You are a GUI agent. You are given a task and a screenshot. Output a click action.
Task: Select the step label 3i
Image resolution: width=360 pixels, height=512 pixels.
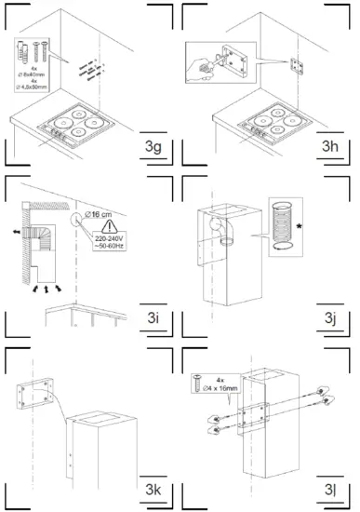click(x=155, y=319)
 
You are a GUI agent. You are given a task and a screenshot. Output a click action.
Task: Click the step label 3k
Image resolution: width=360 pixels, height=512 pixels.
click(x=155, y=490)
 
